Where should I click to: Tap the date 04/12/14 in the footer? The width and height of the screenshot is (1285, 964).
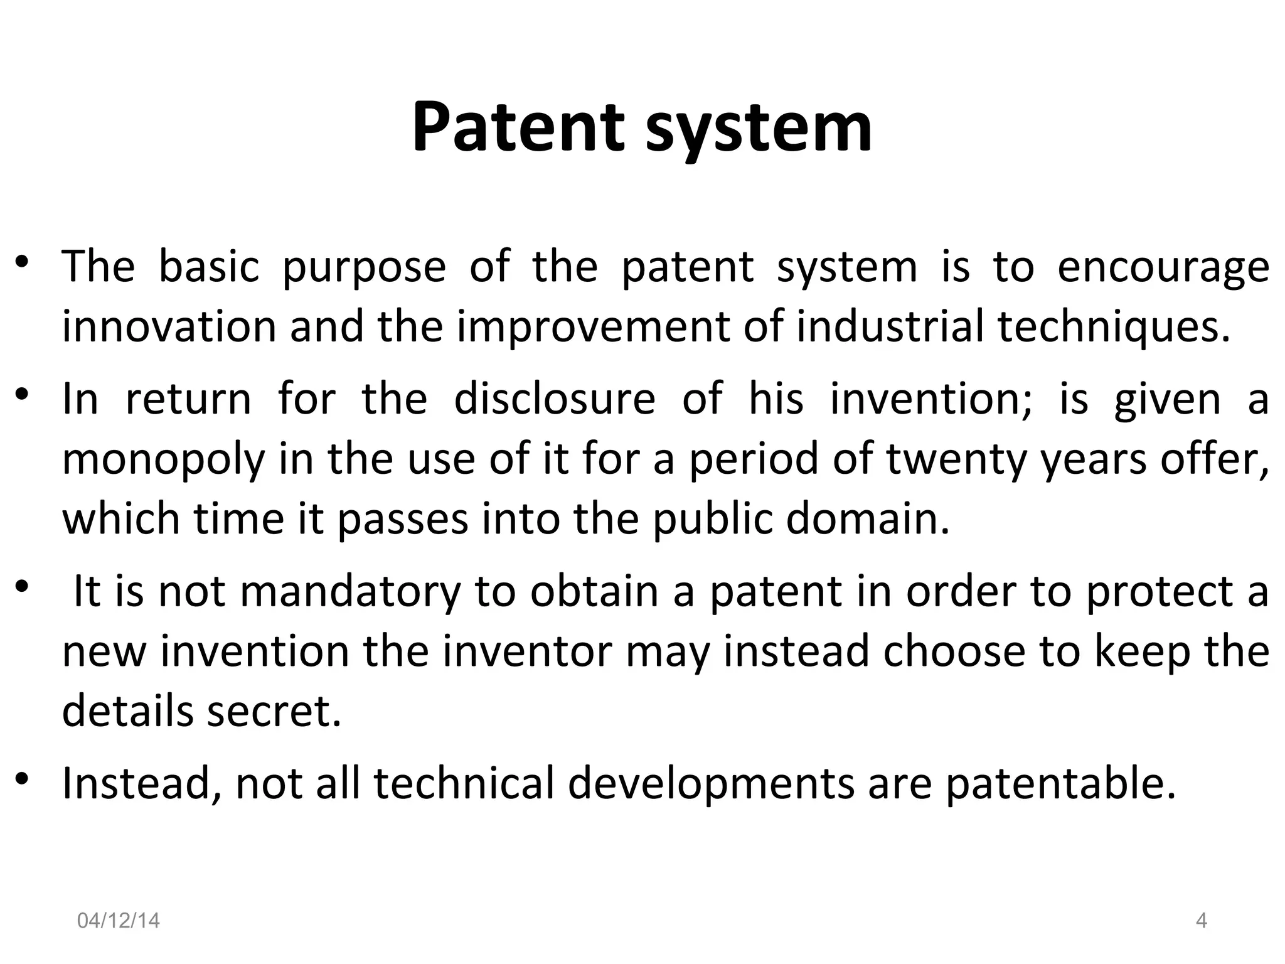coord(118,921)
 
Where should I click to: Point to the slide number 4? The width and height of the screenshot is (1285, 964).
coord(1202,921)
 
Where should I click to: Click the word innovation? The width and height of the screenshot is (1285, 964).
coord(169,327)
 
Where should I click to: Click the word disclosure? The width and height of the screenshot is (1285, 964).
coord(555,399)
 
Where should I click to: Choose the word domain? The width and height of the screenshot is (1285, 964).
coord(868,520)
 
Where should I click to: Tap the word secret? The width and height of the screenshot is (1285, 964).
coord(274,711)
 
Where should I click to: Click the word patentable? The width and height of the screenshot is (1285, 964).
coord(1060,785)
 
